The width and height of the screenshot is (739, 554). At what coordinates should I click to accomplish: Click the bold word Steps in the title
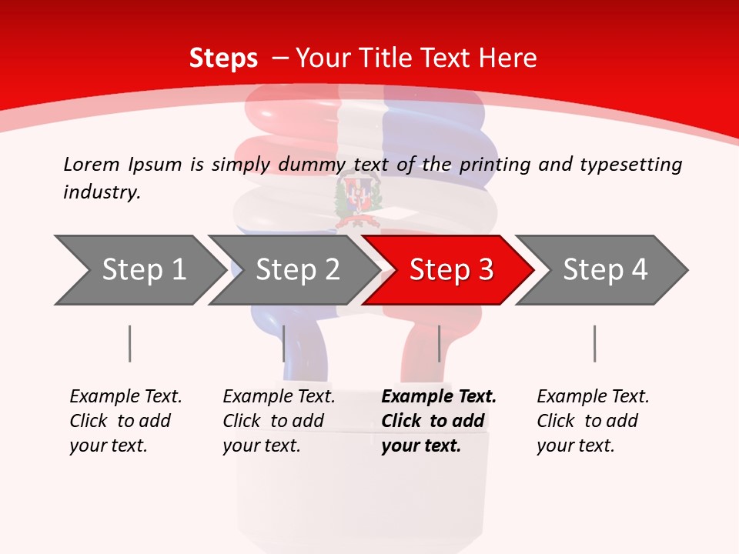(x=223, y=58)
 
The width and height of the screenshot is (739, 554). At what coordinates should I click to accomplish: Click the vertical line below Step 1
(x=129, y=343)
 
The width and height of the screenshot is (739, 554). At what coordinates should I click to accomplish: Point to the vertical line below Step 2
(x=284, y=343)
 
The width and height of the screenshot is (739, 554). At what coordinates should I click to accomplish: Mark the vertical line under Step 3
(x=439, y=343)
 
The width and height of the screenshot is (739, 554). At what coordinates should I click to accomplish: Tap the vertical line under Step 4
(x=594, y=343)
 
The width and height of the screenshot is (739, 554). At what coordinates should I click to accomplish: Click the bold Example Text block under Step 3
(x=437, y=421)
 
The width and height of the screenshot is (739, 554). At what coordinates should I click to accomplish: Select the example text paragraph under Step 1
(x=125, y=421)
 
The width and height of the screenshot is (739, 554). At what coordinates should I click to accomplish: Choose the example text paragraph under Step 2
(x=279, y=421)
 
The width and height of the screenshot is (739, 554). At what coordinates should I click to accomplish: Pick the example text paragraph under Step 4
(x=592, y=421)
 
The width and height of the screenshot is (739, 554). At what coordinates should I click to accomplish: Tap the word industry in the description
(x=102, y=192)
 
